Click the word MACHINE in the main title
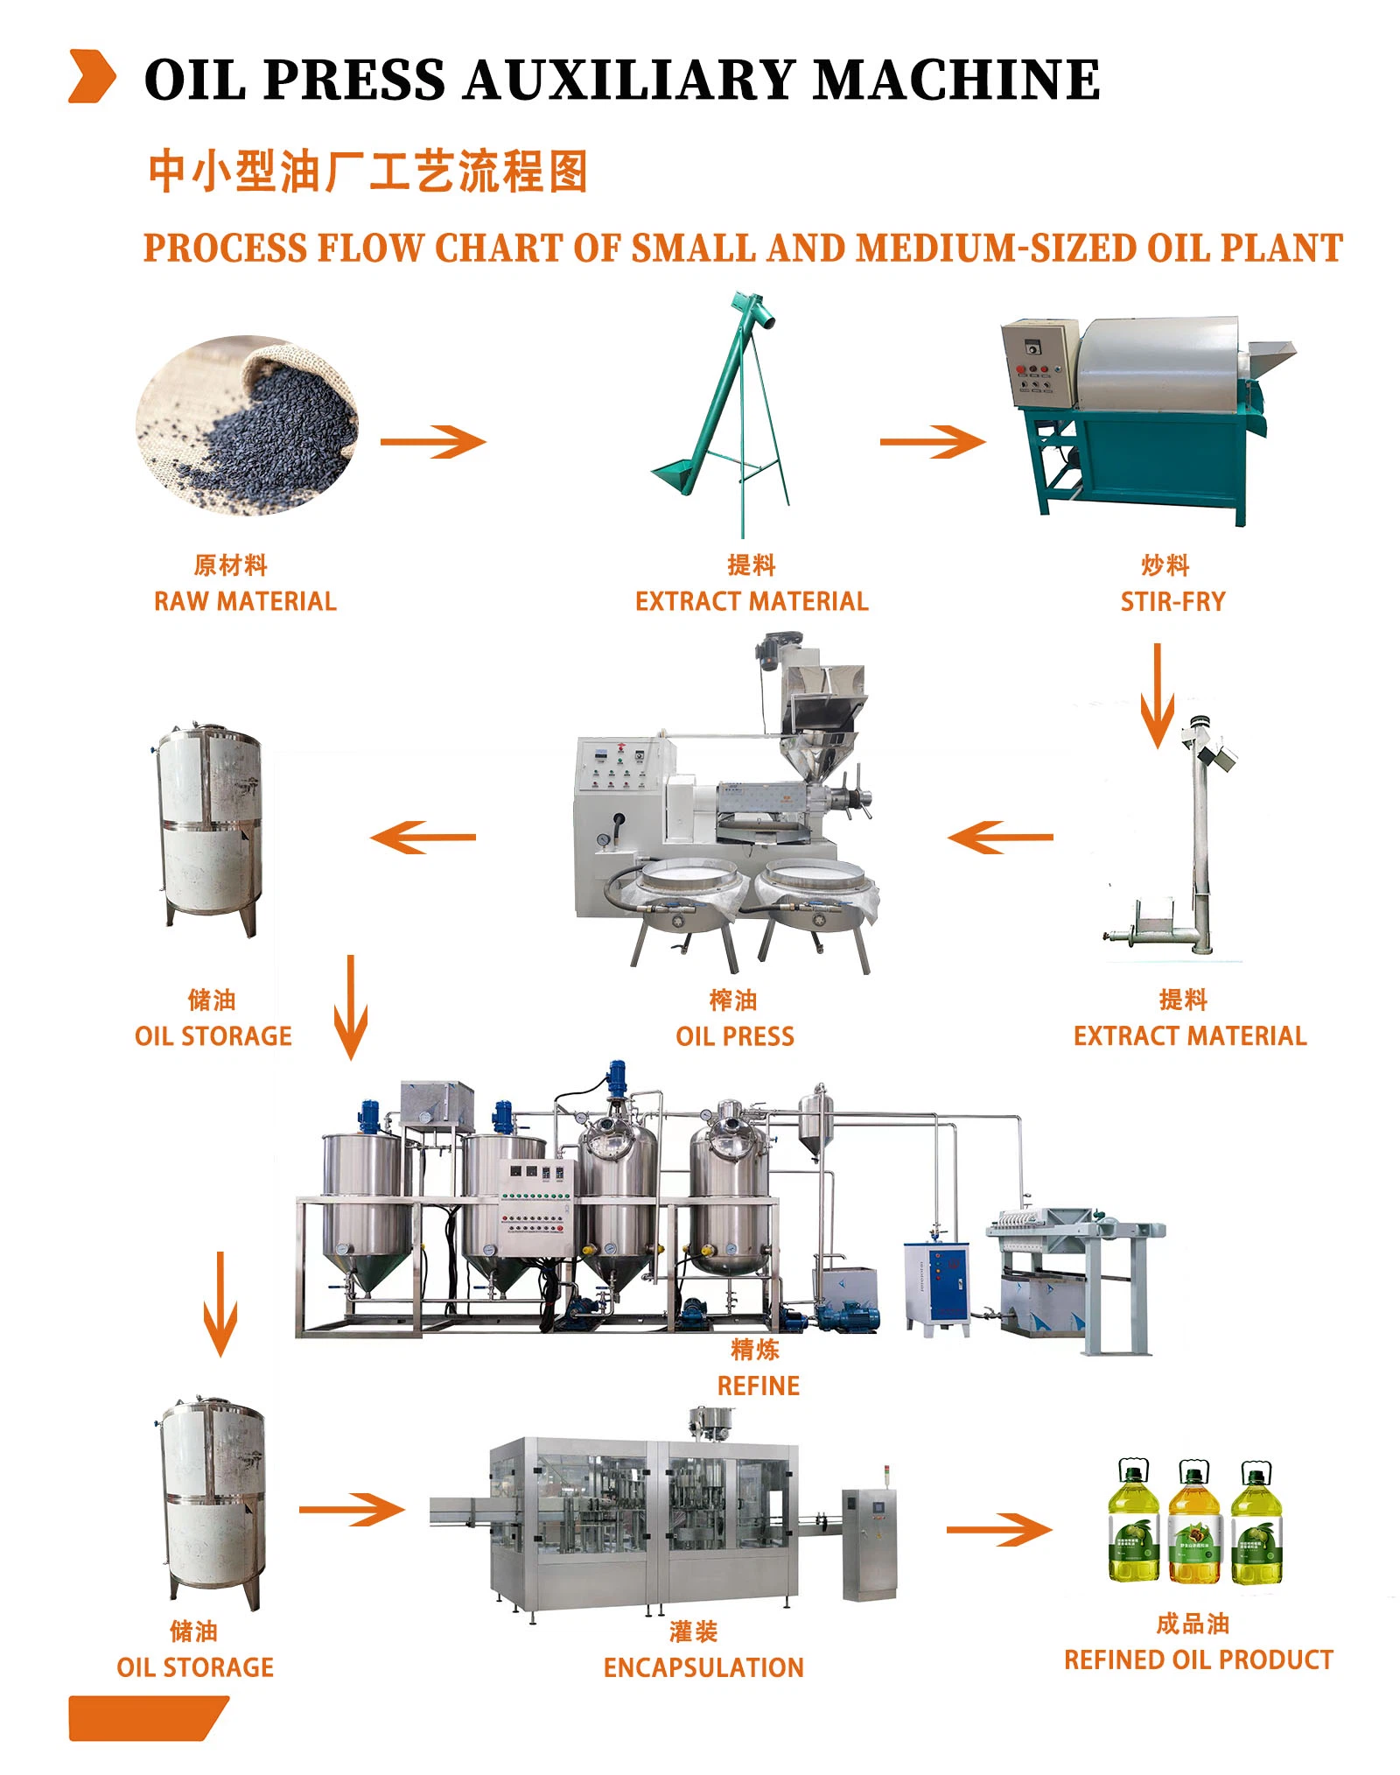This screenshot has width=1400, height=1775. tap(955, 80)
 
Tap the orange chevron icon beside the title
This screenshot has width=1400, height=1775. tap(92, 77)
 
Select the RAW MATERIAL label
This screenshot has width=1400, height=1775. tap(245, 601)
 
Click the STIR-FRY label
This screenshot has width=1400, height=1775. tap(1172, 601)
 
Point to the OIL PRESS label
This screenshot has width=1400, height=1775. tap(734, 1036)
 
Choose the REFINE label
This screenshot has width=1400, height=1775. tap(758, 1386)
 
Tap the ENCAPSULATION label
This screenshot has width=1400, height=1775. tap(703, 1667)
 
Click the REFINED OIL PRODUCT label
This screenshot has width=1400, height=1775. tap(1198, 1659)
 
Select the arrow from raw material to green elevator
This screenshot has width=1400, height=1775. tap(433, 441)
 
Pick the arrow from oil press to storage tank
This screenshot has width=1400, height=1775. tap(423, 837)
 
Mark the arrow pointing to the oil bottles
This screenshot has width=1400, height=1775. tap(998, 1529)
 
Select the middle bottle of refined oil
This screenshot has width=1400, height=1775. tap(1194, 1523)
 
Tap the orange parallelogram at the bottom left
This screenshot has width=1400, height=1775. tap(144, 1718)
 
